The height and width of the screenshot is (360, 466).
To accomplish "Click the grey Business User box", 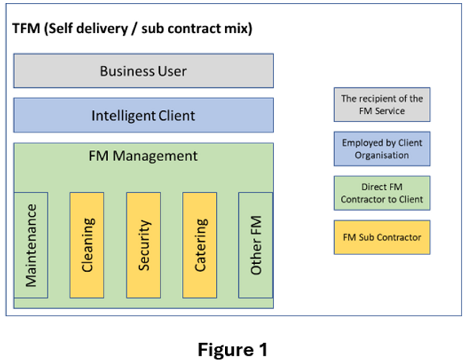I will pyautogui.click(x=143, y=71).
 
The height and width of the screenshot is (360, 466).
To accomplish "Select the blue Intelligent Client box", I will pyautogui.click(x=143, y=115).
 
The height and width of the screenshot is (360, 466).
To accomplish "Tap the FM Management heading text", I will pyautogui.click(x=143, y=156).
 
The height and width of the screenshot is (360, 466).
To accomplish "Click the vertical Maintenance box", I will pyautogui.click(x=31, y=245).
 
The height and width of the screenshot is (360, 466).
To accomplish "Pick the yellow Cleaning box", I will pyautogui.click(x=87, y=244).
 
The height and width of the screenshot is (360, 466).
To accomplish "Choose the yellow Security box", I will pyautogui.click(x=143, y=244).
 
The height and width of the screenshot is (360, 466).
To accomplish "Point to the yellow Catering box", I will pyautogui.click(x=200, y=244).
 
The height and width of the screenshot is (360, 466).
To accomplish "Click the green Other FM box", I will pyautogui.click(x=256, y=245).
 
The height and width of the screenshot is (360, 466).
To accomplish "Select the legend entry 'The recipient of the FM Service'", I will pyautogui.click(x=382, y=104).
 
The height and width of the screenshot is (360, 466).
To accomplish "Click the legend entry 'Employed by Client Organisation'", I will pyautogui.click(x=382, y=149).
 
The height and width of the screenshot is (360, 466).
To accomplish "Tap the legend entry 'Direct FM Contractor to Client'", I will pyautogui.click(x=382, y=193).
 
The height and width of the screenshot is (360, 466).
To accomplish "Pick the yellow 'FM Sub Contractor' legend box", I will pyautogui.click(x=382, y=237).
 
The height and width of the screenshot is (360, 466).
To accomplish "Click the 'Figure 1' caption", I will pyautogui.click(x=232, y=349).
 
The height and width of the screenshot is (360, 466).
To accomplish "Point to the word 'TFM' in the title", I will pyautogui.click(x=27, y=30).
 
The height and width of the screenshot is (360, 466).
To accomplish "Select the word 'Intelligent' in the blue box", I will pyautogui.click(x=124, y=115).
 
